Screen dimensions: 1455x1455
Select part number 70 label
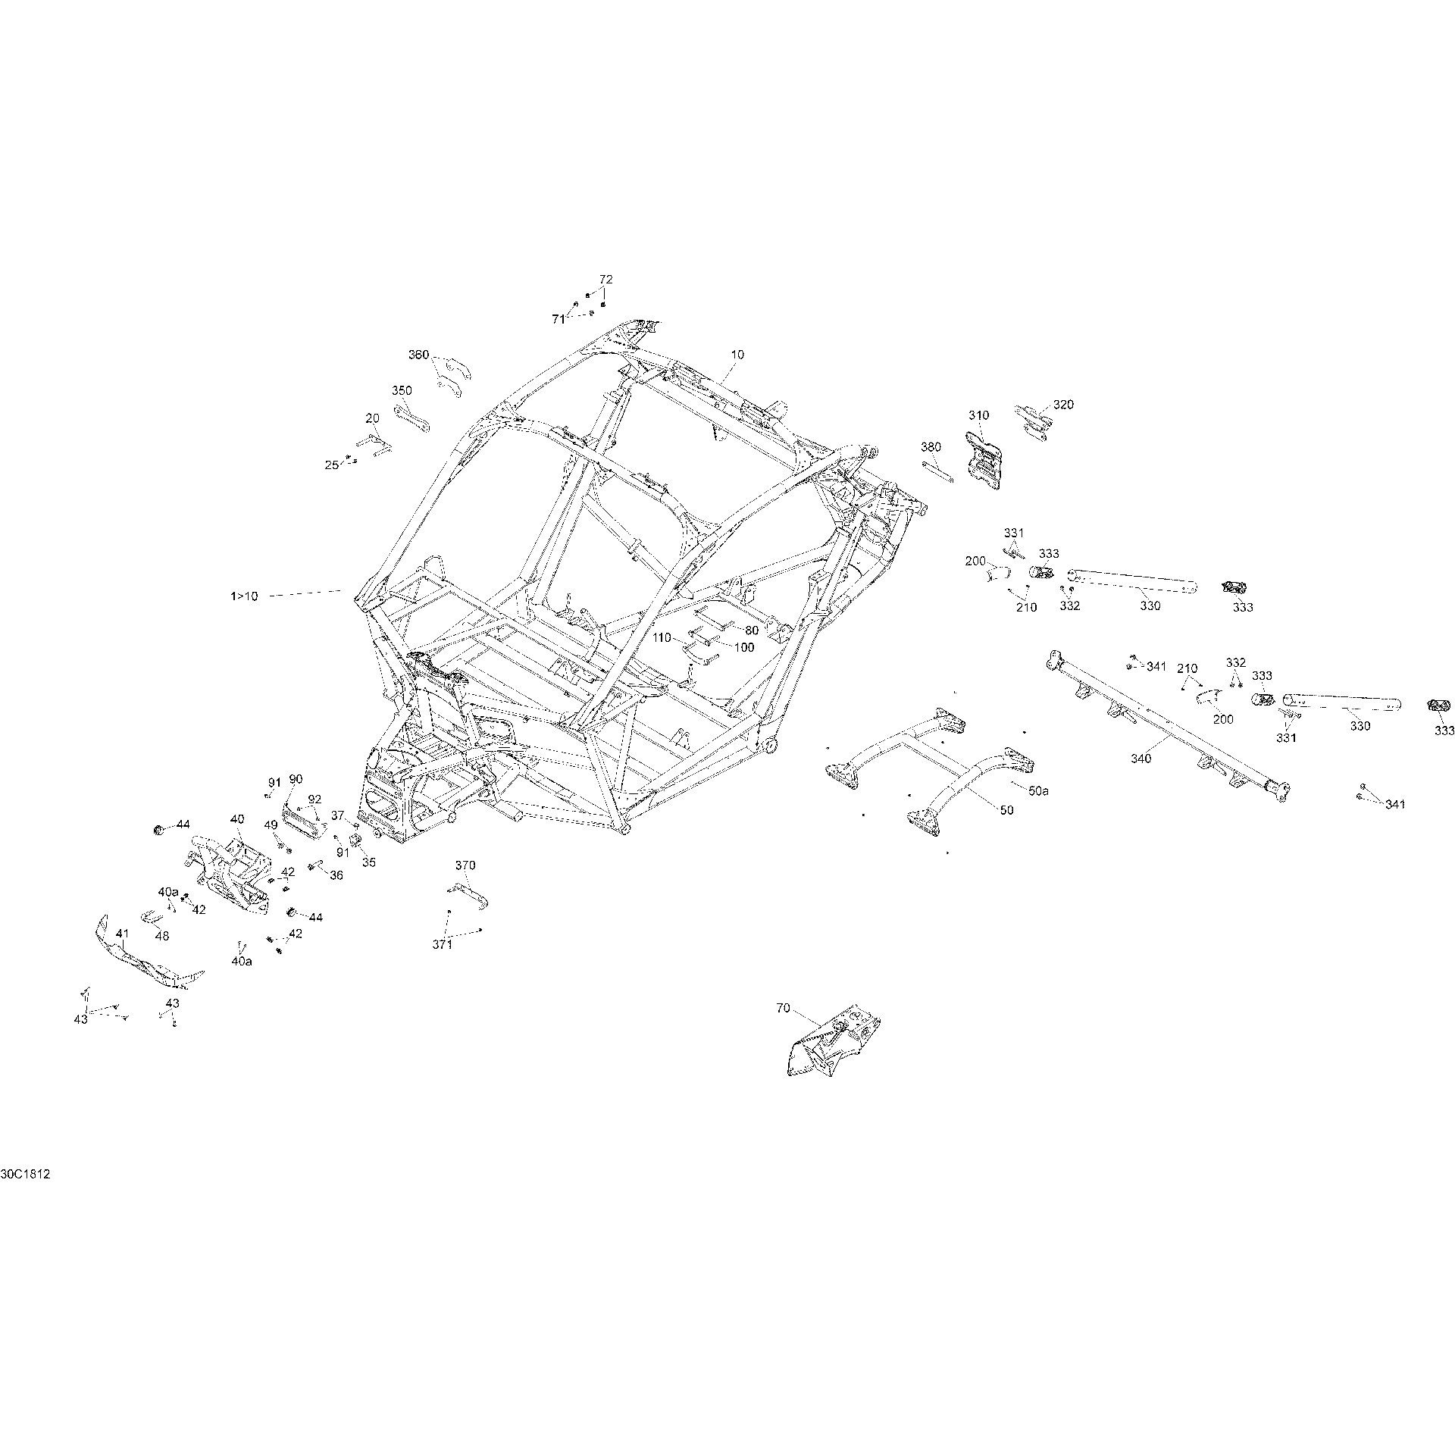tap(783, 1008)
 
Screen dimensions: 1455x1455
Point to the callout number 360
tap(419, 355)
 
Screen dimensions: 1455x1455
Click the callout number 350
tap(402, 390)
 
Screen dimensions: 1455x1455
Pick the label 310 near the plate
tap(978, 415)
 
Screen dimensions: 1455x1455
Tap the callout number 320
tap(1063, 405)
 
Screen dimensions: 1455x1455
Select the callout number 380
tap(931, 446)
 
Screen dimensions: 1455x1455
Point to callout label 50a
tap(1039, 790)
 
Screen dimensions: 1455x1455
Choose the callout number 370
tap(465, 865)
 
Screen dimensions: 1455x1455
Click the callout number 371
tap(442, 944)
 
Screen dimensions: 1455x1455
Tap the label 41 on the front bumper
tap(122, 935)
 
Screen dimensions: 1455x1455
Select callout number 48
tap(161, 936)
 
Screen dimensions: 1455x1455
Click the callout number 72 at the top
tap(605, 279)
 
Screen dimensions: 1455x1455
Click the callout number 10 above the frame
tap(737, 354)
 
